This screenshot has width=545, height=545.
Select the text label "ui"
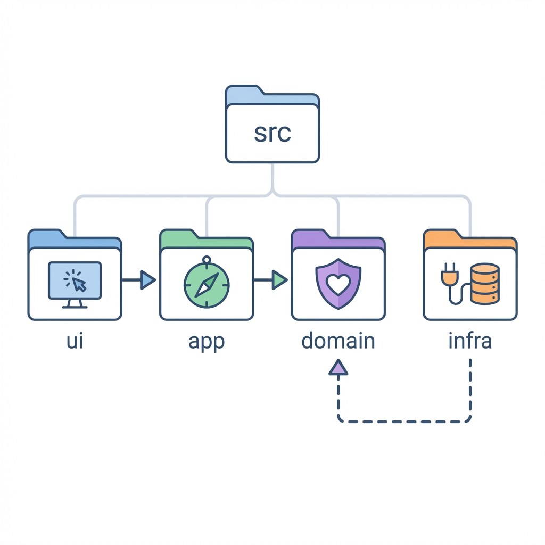click(x=75, y=341)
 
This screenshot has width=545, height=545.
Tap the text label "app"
click(x=207, y=342)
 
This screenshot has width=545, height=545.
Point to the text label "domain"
click(x=338, y=341)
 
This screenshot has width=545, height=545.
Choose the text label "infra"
click(x=470, y=341)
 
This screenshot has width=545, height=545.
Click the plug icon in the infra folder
click(x=449, y=277)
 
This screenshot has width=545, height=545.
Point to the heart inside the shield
click(x=338, y=285)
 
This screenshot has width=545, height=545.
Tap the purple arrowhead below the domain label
click(x=338, y=367)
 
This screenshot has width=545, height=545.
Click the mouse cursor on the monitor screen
click(x=79, y=284)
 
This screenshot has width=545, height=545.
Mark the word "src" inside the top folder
click(x=272, y=133)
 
